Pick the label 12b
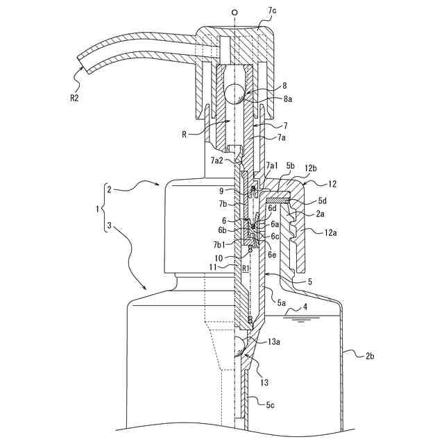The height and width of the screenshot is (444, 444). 310,169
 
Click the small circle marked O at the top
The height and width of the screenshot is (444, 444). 235,12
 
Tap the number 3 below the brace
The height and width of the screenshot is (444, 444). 108,225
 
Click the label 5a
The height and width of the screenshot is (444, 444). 282,303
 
